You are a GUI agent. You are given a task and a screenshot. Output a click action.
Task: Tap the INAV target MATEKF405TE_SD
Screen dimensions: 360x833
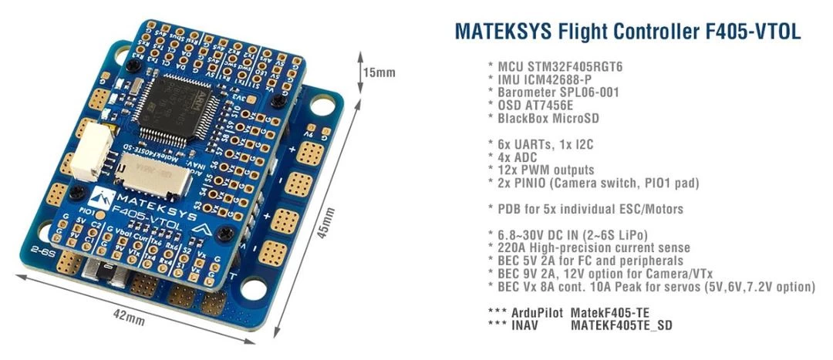[621, 325]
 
